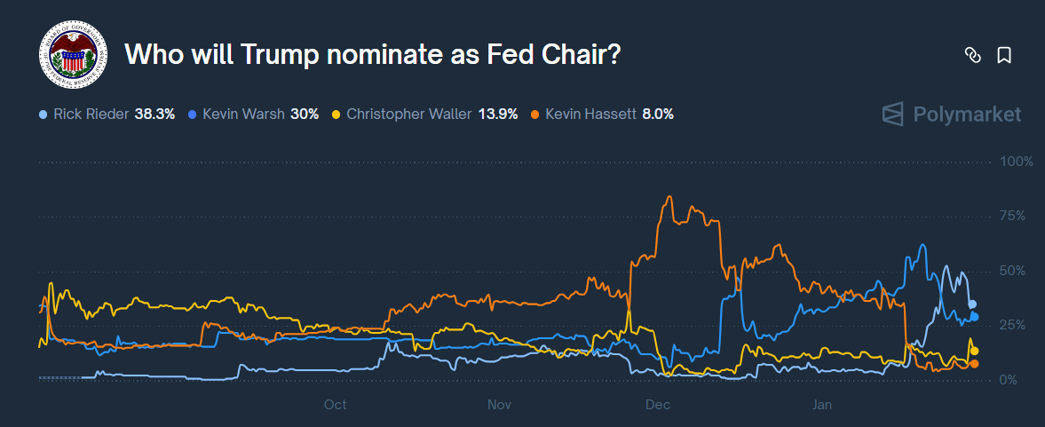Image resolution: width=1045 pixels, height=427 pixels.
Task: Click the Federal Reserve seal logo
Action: [72, 54]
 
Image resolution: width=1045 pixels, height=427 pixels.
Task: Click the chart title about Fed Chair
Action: [372, 54]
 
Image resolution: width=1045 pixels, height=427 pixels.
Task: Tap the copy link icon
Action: [972, 55]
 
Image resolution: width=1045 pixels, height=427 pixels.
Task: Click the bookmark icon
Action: [1004, 55]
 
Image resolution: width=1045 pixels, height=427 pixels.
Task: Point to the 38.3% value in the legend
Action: [154, 115]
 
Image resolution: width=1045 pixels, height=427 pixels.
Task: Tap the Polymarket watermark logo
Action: [951, 115]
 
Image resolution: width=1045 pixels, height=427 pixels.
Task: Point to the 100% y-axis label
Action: [1017, 162]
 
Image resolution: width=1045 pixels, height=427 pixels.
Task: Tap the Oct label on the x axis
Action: [335, 405]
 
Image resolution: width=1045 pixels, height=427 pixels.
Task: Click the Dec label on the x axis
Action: [658, 405]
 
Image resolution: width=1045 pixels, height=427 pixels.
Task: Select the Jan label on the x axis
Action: [821, 405]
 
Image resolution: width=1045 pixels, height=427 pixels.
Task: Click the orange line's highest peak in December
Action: [669, 197]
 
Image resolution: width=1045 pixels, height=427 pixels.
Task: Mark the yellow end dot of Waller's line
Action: [974, 352]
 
